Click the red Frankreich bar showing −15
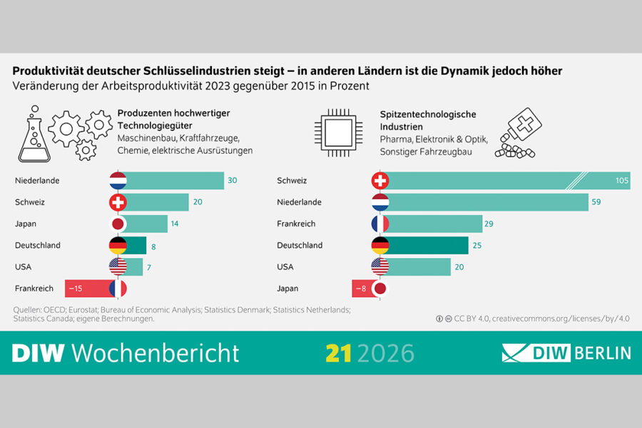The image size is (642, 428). tap(91, 288)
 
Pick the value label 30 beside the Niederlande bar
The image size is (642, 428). tap(232, 180)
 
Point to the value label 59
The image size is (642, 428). tap(596, 202)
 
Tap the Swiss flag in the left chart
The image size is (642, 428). tap(118, 202)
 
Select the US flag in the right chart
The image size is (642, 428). tap(380, 266)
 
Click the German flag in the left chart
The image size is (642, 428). tap(118, 245)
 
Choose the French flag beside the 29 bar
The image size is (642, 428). tap(380, 224)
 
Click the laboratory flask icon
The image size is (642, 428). tap(34, 134)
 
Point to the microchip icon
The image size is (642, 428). tap(338, 133)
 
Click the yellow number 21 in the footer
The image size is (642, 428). tap(338, 353)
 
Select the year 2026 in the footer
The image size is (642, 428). tap(386, 353)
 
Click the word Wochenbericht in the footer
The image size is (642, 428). tap(156, 353)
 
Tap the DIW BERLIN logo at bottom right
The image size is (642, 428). tap(566, 353)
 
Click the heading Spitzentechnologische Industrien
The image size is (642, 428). tap(428, 120)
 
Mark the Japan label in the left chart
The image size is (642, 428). tap(26, 224)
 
